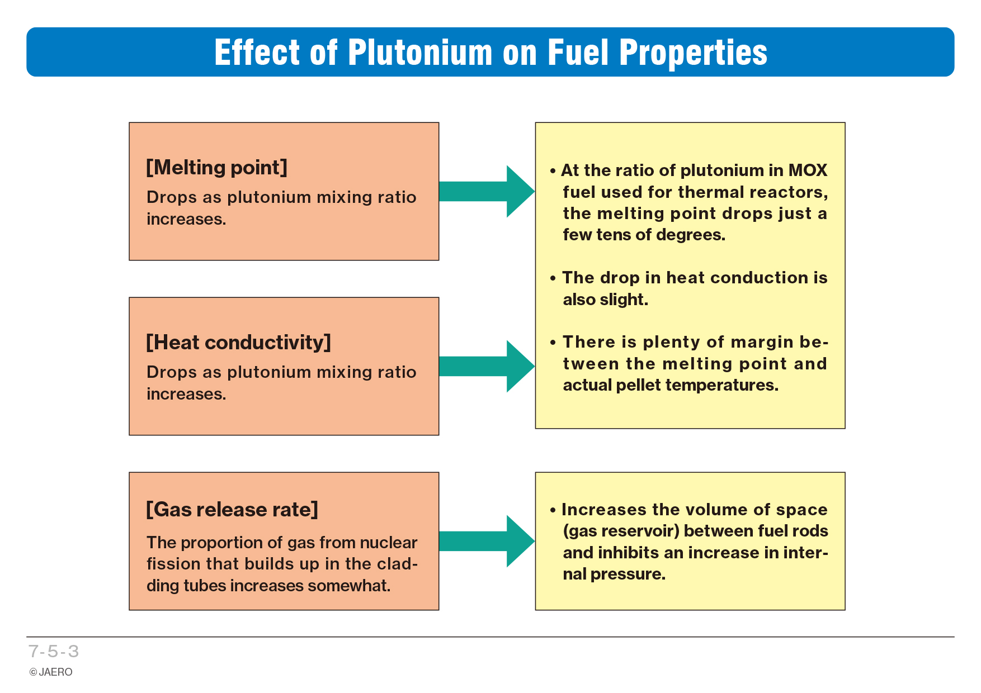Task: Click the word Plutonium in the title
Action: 420,53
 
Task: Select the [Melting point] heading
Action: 216,168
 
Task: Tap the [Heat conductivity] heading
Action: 238,343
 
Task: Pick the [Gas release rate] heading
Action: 232,510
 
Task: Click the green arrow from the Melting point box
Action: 487,191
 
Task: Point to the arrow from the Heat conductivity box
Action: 487,366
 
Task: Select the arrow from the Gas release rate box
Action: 487,541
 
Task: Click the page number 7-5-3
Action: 54,651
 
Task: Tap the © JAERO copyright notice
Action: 51,672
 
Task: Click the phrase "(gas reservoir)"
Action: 621,531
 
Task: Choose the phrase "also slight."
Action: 605,300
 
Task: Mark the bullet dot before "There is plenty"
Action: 553,343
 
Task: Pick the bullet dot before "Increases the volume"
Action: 553,510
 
